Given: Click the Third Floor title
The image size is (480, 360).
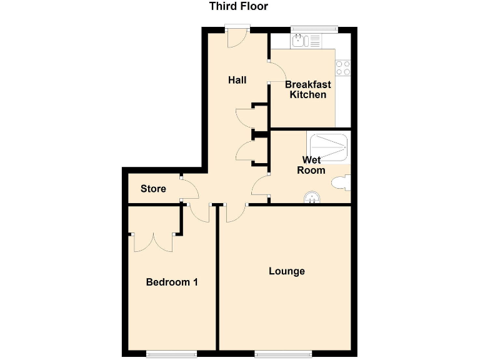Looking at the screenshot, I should point(238,7).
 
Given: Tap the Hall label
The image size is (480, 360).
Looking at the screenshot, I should point(237,80).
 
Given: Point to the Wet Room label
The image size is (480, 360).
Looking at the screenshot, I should point(311,165).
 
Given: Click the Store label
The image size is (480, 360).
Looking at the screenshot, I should point(153,188).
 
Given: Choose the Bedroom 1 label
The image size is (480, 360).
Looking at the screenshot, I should point(172,282).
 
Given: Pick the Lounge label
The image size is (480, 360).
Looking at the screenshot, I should point(287,271).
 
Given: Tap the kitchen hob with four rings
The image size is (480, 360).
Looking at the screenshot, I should point(342,67).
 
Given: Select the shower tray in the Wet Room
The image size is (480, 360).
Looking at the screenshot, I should point(327,147).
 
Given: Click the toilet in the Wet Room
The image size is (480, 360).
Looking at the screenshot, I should point(341,182).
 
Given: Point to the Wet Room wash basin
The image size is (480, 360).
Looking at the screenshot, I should point(311,198).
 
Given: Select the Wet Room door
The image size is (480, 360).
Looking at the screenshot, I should point(261,185).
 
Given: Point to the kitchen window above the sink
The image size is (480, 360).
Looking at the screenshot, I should point(314,29).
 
